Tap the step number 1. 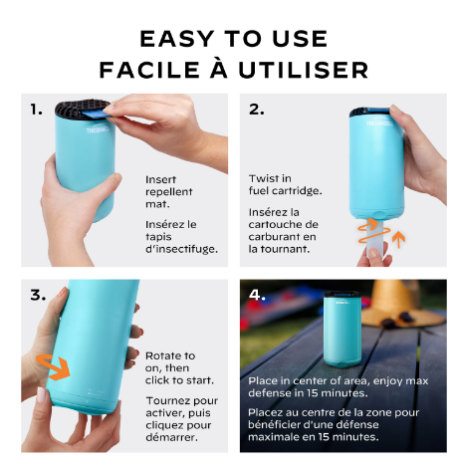coord(37,110)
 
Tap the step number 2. coord(256,110)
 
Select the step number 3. coord(38,295)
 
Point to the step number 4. coord(257,295)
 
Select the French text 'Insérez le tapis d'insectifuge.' coord(180,236)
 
